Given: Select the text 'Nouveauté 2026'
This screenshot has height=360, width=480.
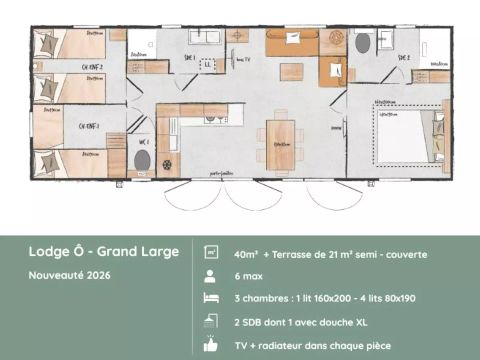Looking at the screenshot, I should pyautogui.click(x=69, y=274).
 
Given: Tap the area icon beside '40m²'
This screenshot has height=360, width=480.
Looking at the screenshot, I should pyautogui.click(x=211, y=254).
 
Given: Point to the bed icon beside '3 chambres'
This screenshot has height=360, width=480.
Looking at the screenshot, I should pyautogui.click(x=211, y=298).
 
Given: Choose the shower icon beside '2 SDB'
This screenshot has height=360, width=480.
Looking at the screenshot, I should pyautogui.click(x=211, y=320).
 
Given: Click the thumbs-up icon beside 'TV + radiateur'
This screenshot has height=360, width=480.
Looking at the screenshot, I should pyautogui.click(x=211, y=343).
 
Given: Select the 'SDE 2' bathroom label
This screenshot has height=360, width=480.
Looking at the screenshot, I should pyautogui.click(x=403, y=58).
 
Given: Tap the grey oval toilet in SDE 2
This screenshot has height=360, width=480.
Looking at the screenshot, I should pyautogui.click(x=362, y=43).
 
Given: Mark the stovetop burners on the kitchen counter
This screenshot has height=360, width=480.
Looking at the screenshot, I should pyautogui.click(x=212, y=118).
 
